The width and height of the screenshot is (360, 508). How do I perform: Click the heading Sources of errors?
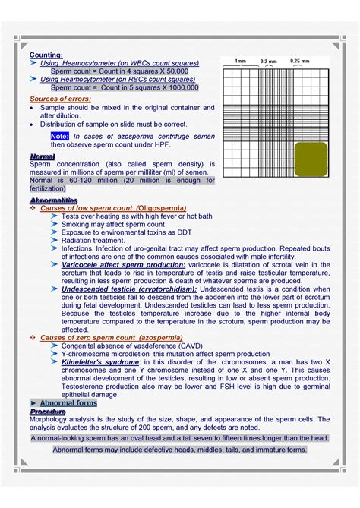tap(60, 99)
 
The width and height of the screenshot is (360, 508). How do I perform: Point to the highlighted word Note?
tap(61, 135)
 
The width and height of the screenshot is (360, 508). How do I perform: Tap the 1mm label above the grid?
tap(240, 61)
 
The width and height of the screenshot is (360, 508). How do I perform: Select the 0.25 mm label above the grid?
tap(300, 61)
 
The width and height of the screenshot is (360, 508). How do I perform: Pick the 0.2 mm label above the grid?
tap(268, 61)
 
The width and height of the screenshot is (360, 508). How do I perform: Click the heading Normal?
tap(41, 156)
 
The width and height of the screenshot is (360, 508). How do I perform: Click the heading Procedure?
tap(48, 412)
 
